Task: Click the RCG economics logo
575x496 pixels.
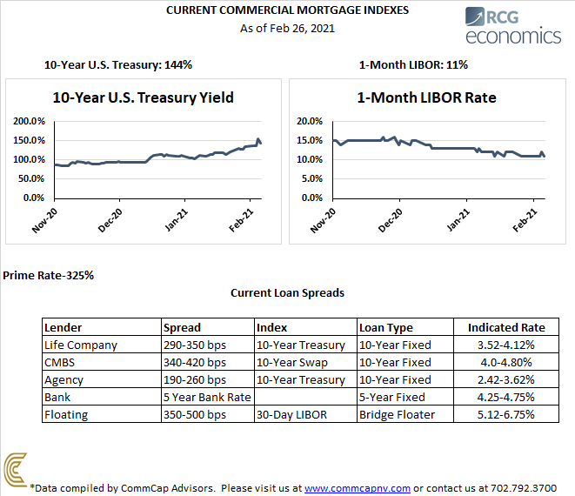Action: click(x=512, y=25)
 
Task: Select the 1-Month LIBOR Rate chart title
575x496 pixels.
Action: click(x=426, y=97)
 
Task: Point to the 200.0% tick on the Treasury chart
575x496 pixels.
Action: click(x=32, y=122)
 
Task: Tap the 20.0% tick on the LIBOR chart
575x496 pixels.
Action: click(x=311, y=122)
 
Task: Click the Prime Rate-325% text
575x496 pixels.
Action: click(x=48, y=275)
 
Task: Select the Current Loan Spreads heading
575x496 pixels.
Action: click(x=287, y=292)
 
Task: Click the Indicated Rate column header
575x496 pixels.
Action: click(x=506, y=328)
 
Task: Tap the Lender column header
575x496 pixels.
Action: click(x=62, y=328)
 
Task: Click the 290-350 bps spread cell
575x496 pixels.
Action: click(x=195, y=345)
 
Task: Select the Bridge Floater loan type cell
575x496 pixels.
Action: click(x=396, y=414)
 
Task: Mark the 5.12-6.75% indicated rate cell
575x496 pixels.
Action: click(x=506, y=414)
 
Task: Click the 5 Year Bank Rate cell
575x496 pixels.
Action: click(x=207, y=397)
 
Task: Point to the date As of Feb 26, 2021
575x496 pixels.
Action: click(x=287, y=28)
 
